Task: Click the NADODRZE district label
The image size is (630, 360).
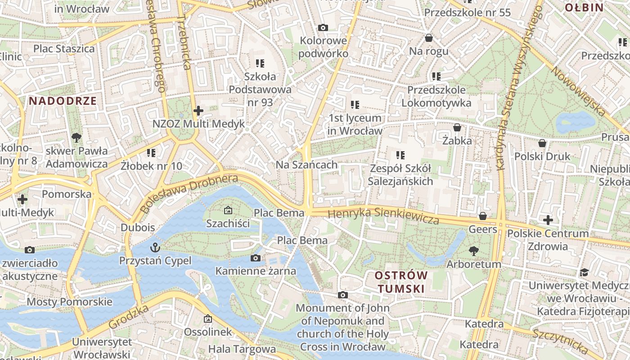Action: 63,101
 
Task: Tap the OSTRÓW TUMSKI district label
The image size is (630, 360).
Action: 401,282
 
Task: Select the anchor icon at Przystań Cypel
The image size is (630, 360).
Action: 155,247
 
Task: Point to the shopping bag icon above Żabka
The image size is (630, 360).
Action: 457,128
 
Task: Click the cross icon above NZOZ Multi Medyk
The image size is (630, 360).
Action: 198,110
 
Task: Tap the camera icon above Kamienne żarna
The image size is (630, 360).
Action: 256,258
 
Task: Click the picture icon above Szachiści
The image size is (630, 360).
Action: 228,210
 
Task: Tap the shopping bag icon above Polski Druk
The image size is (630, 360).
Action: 542,143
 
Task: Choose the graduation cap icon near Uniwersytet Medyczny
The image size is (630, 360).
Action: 584,272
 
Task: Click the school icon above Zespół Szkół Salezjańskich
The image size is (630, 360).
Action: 400,155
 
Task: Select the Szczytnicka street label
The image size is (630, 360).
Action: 560,341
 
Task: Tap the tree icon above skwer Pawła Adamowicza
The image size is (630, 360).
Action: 76,137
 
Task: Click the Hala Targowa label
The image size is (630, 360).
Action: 242,349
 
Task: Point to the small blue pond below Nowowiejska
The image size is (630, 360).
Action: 575,121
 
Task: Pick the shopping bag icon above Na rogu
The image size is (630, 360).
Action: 429,37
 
